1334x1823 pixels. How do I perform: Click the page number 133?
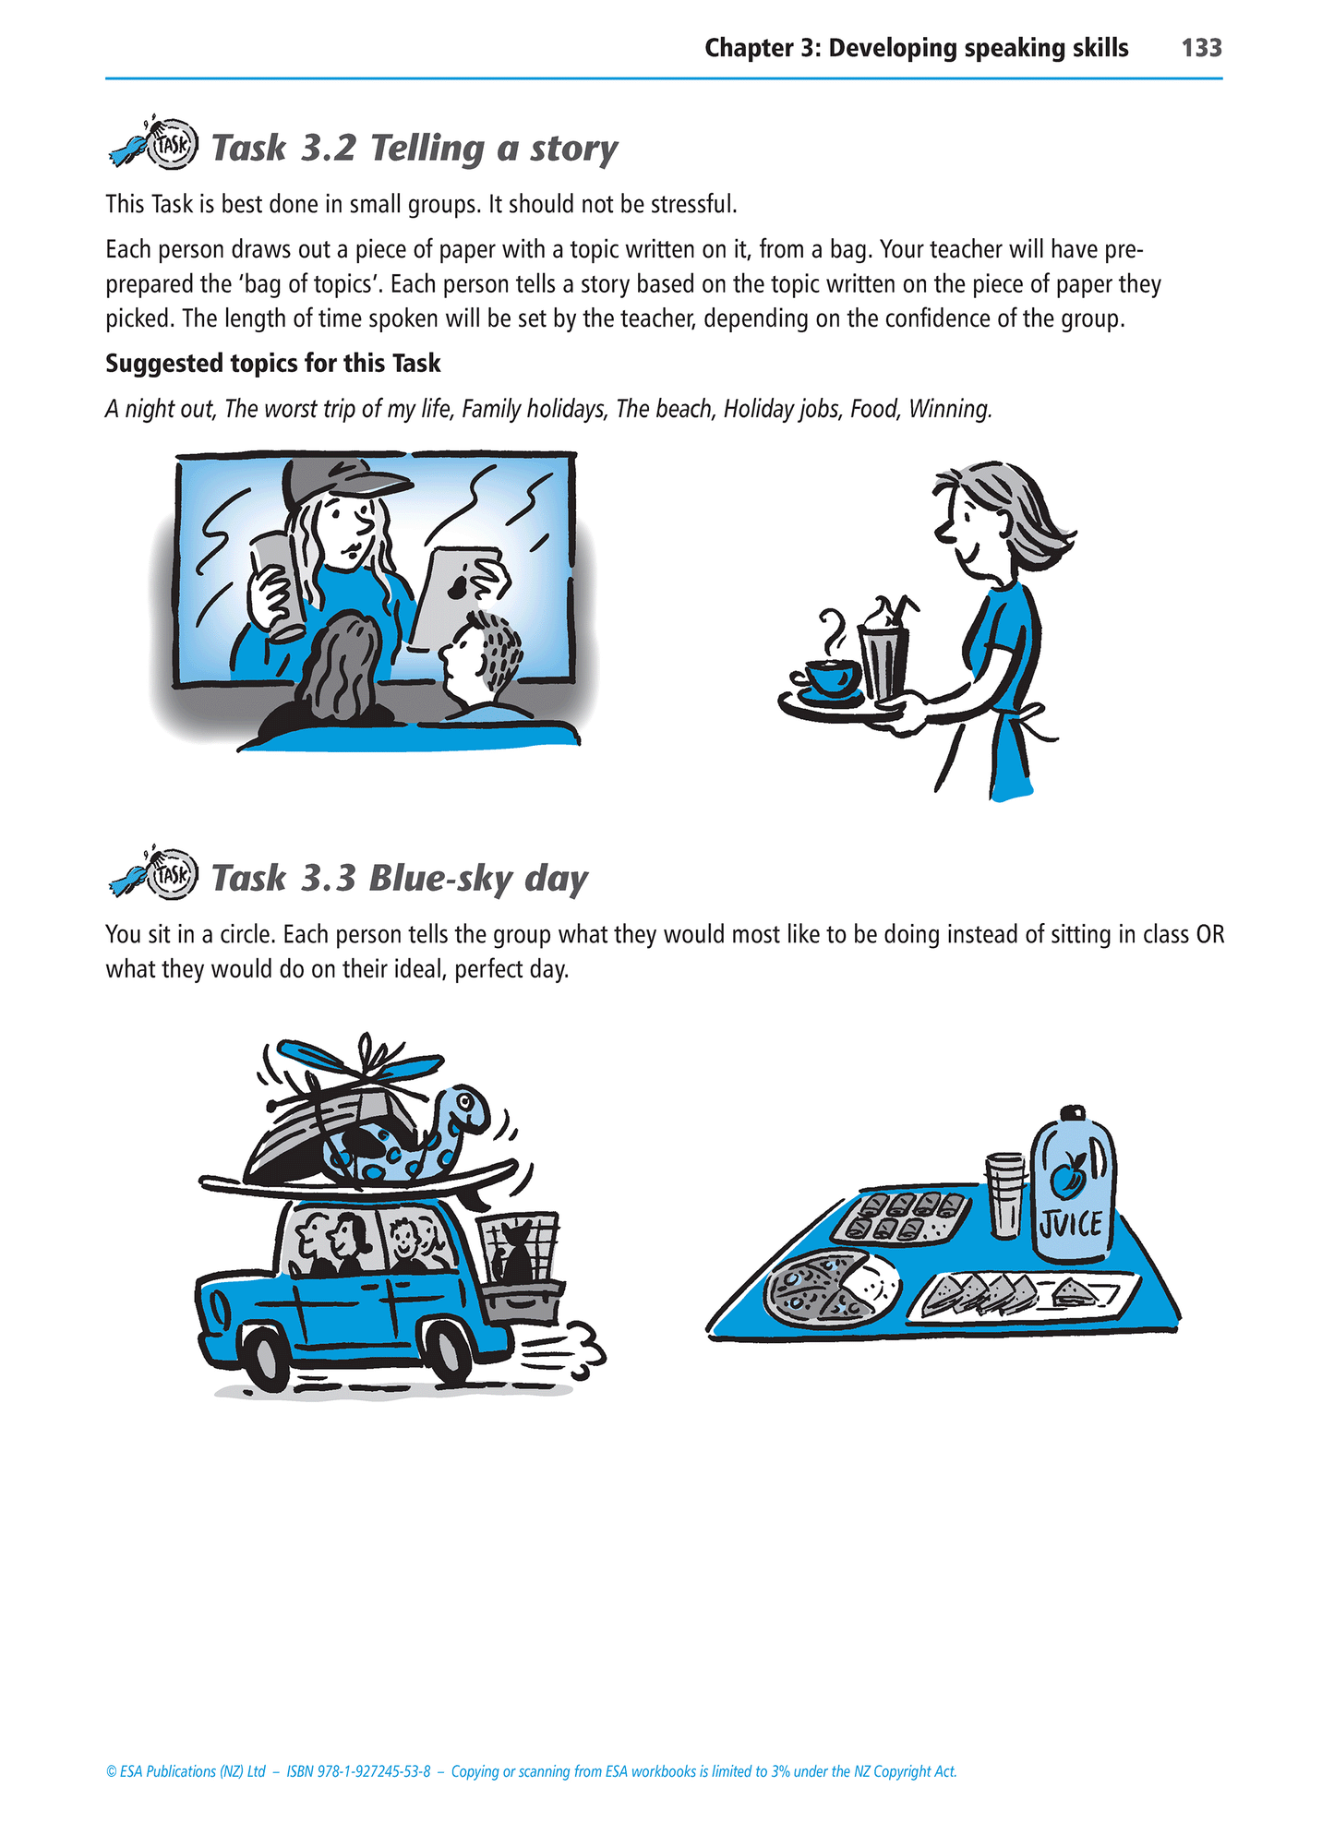point(1201,48)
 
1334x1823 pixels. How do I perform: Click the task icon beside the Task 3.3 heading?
point(153,873)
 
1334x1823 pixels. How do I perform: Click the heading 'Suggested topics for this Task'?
point(273,364)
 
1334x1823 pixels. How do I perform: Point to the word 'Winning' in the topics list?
point(950,409)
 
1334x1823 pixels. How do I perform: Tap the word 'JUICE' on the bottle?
point(1070,1225)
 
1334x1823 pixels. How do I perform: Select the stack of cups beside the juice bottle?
point(1005,1194)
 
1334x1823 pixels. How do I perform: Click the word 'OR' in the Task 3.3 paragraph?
point(1209,935)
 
